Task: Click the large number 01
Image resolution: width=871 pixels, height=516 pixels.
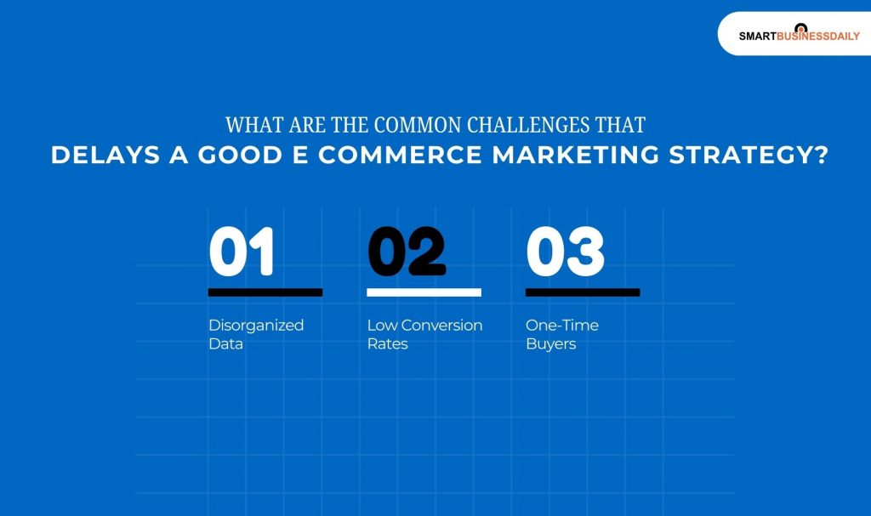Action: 242,252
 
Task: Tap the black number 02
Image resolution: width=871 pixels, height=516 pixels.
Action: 407,252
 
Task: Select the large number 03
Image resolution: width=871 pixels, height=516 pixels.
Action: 565,252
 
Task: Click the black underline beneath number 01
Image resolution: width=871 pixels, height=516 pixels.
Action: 265,292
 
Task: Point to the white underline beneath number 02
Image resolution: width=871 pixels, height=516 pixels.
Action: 424,292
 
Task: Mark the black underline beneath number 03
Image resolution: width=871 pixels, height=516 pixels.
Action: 583,292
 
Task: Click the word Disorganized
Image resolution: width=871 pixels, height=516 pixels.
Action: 256,326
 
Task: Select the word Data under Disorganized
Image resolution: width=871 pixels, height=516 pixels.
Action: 225,344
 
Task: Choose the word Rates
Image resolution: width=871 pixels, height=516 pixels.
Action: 387,344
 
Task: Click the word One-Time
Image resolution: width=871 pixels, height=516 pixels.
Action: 562,326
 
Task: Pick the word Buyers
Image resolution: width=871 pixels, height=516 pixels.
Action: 550,344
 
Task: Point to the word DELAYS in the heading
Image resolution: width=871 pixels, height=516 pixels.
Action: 91,156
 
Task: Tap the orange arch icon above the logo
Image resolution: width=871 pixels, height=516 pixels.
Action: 800,28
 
